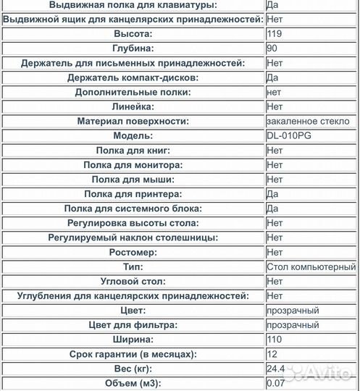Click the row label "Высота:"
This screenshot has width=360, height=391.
click(x=133, y=33)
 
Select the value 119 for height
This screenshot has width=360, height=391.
click(x=275, y=33)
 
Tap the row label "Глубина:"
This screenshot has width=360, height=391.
click(x=133, y=49)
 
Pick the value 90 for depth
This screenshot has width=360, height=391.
click(x=272, y=49)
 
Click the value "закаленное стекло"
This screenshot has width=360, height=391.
click(x=308, y=121)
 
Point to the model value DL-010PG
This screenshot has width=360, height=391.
click(x=290, y=135)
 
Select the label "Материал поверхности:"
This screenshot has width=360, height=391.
click(x=133, y=121)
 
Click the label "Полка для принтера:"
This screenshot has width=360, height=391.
click(x=133, y=194)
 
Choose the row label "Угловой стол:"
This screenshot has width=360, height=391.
click(x=133, y=281)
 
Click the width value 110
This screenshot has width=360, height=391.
click(x=275, y=340)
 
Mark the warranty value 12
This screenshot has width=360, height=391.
click(x=272, y=354)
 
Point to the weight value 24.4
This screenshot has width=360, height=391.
click(x=276, y=369)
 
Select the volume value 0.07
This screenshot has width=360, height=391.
click(x=276, y=384)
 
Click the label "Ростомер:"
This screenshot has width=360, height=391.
click(x=133, y=252)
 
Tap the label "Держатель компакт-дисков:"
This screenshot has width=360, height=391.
click(x=133, y=77)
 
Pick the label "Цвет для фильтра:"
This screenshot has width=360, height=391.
click(x=133, y=325)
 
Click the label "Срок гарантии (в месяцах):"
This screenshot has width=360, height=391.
click(x=133, y=354)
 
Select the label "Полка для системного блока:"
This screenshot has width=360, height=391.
click(x=133, y=209)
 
